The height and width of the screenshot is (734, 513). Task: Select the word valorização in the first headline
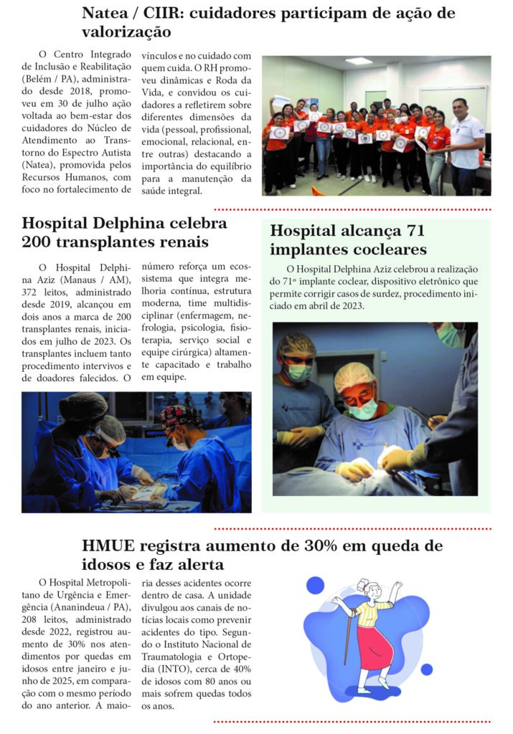[126, 33]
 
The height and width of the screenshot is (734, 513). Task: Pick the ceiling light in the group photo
[359, 61]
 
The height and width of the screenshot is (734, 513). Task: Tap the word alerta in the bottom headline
[194, 565]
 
